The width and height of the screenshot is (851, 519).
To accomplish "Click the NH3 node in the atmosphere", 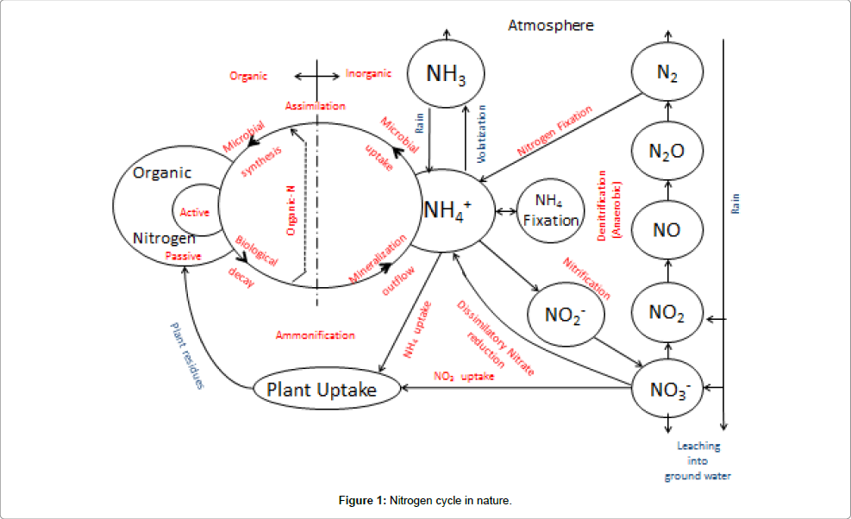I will [446, 74].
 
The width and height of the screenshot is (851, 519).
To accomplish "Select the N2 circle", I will [667, 74].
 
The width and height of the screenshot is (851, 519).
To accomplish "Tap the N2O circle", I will [667, 152].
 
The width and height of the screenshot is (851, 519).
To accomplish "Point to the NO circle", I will [667, 229].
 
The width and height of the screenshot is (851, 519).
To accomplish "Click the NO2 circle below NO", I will [667, 310].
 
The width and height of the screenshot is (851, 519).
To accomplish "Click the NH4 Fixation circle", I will [551, 211].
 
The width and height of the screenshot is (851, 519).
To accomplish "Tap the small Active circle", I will [195, 212].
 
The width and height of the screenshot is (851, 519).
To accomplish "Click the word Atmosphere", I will [550, 25].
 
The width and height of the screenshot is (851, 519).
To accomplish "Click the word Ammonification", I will [316, 335].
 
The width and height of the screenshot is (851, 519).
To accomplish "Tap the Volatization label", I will [482, 134].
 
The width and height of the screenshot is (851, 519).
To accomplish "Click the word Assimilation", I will [316, 106].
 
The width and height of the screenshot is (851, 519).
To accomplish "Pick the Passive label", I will [184, 256].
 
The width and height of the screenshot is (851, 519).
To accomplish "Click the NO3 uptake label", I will [464, 376].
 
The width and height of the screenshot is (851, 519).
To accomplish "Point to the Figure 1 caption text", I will [425, 500].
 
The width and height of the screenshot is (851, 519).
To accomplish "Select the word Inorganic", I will [368, 74].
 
